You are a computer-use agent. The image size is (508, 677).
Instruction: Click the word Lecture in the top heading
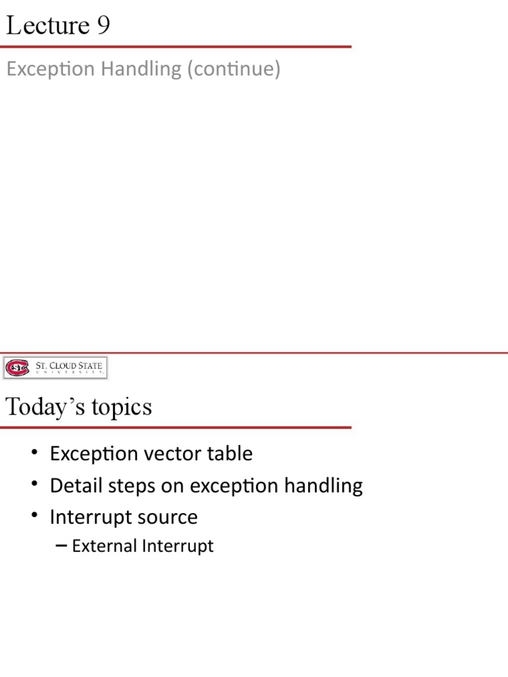[47, 26]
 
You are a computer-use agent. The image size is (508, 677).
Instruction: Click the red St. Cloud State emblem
[17, 367]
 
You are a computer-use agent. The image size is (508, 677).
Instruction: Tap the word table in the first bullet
[231, 454]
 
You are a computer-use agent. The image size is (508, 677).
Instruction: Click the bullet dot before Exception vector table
[34, 454]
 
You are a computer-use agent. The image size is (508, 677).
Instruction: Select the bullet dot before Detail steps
[34, 487]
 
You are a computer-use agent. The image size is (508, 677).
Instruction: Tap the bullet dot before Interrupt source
[34, 518]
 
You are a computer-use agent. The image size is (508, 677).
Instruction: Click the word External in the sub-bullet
[105, 546]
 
